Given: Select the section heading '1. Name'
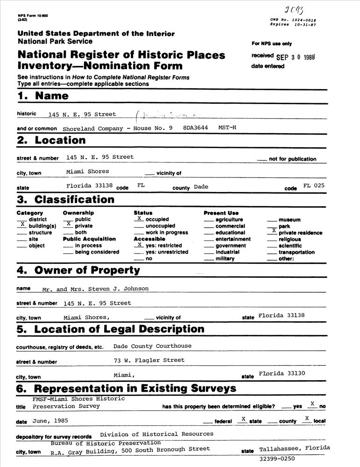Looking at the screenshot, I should click(x=43, y=96).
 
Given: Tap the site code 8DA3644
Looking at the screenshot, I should click(x=195, y=127).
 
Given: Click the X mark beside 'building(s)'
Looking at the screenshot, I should click(x=22, y=224).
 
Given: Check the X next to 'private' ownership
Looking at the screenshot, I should click(x=69, y=224).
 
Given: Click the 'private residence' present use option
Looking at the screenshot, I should click(x=300, y=233).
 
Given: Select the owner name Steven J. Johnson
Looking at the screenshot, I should click(x=95, y=289).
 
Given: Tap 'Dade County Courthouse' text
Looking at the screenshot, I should click(x=152, y=346).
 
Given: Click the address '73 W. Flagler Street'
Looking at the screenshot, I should click(x=149, y=360).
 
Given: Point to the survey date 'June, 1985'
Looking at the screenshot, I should click(x=50, y=420).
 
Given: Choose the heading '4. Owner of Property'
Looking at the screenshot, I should click(x=78, y=270).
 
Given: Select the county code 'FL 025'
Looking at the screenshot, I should click(x=313, y=185).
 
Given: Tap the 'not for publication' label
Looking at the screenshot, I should click(x=292, y=159).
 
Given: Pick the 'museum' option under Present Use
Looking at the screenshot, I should click(x=289, y=219).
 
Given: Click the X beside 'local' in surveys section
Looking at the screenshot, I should click(x=307, y=418).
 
